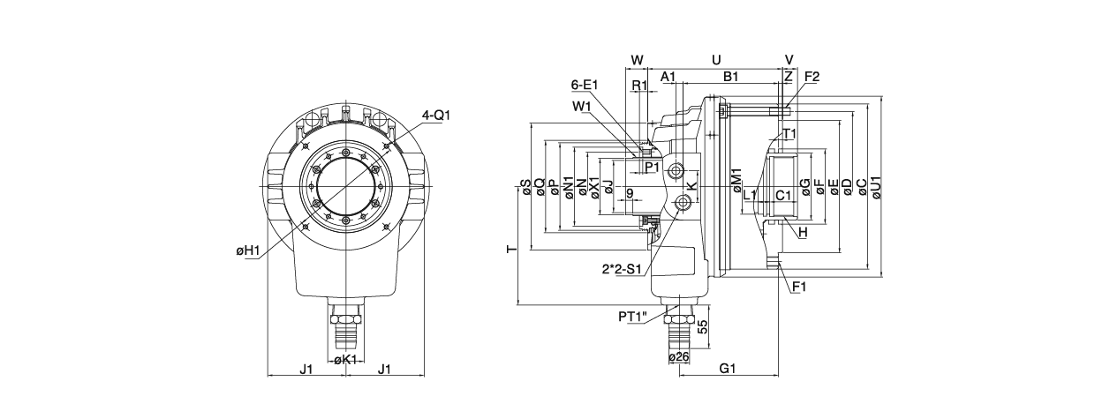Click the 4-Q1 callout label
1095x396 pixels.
(436, 116)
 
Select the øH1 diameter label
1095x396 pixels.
(247, 251)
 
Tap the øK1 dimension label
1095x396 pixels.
(346, 361)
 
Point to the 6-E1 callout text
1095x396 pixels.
(585, 85)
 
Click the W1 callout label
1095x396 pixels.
(581, 107)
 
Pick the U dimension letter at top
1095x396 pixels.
(716, 60)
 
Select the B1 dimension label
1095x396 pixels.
(730, 77)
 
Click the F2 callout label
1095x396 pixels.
(812, 77)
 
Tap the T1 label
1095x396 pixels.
(790, 133)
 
